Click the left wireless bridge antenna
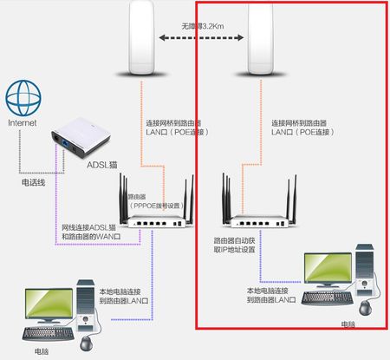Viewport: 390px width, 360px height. click(143, 39)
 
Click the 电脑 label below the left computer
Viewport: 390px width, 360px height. click(42, 352)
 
